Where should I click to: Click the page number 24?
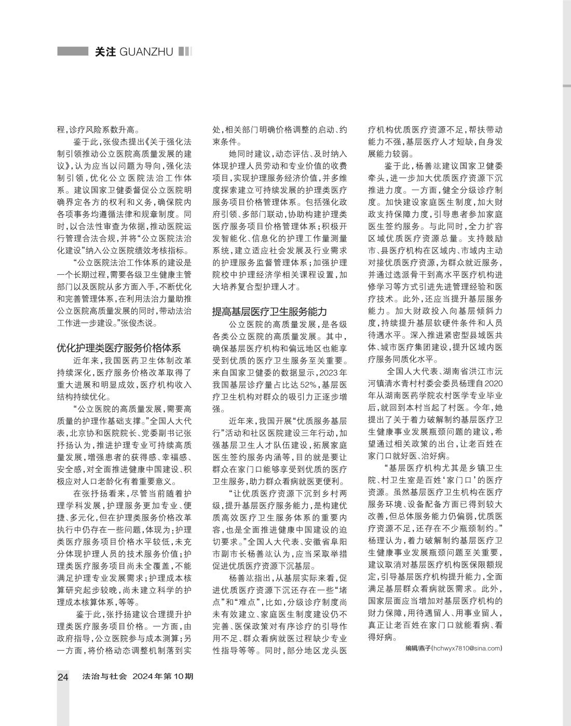63,677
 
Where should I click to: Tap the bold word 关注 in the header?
105,52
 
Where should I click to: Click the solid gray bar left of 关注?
72,52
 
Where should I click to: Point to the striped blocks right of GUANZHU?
185,52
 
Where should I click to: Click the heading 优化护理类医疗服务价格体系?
118,347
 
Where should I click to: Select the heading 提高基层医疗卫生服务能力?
269,312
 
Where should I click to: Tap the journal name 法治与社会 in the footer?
104,677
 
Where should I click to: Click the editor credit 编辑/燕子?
418,649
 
